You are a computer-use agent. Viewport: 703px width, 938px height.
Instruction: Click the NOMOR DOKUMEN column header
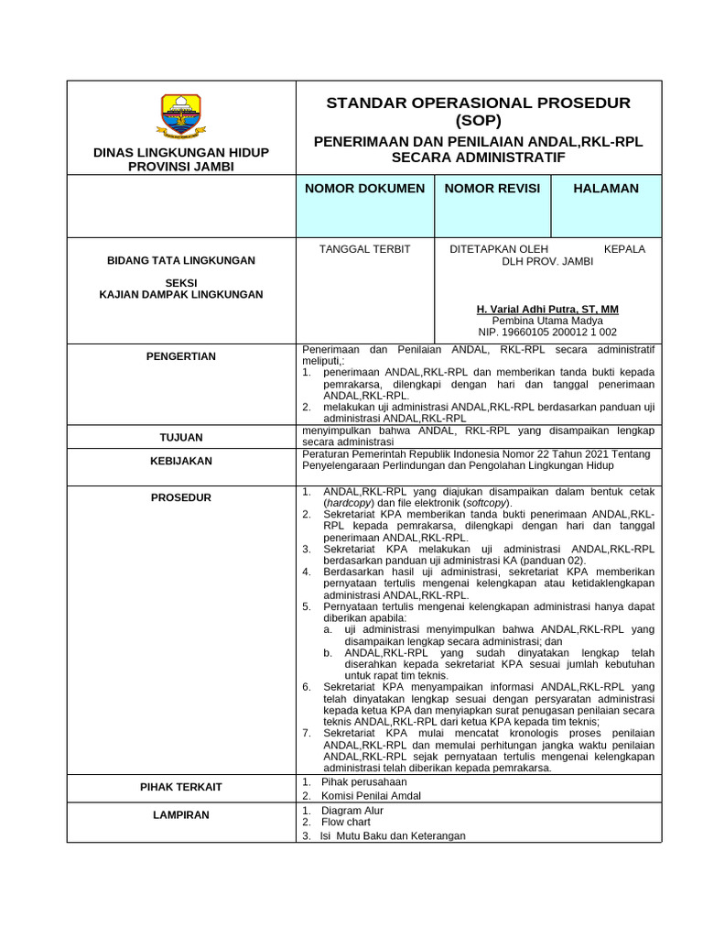[x=364, y=189]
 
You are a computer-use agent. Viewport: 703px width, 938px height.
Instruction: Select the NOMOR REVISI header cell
[x=492, y=189]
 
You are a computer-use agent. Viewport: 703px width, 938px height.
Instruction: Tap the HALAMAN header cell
[x=606, y=189]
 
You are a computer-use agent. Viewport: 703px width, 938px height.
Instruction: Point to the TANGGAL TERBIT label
[x=364, y=249]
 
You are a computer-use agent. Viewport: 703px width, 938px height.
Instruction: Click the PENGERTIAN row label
[x=181, y=356]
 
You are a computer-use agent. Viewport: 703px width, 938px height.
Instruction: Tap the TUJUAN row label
[x=181, y=438]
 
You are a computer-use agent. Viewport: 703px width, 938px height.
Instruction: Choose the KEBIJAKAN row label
[x=181, y=463]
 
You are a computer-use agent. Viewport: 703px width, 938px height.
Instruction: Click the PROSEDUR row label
[x=181, y=497]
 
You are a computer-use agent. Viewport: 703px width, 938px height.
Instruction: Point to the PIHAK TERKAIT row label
[x=181, y=787]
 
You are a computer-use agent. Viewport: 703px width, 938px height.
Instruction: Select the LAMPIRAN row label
[x=181, y=814]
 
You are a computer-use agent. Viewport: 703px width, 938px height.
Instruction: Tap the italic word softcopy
[x=486, y=504]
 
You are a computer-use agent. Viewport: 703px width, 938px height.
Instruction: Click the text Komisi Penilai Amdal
[x=371, y=796]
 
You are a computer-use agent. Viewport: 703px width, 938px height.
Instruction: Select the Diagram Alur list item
[x=352, y=811]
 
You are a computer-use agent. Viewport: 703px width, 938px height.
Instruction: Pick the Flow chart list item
[x=346, y=823]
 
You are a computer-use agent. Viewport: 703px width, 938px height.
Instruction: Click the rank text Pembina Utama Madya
[x=547, y=322]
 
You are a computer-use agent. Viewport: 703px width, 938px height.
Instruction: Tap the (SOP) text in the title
[x=479, y=120]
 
